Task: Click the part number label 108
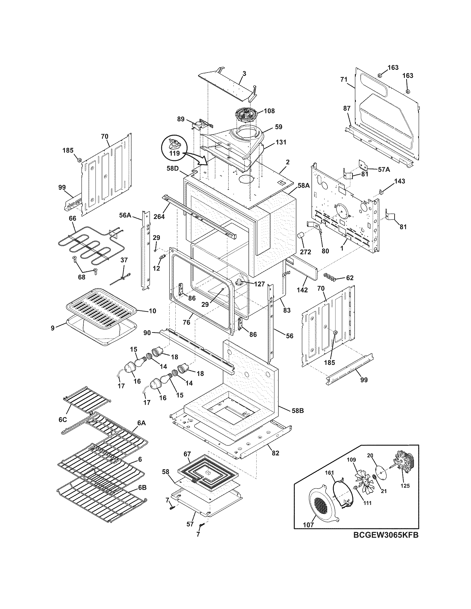[269, 111]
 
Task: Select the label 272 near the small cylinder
[305, 251]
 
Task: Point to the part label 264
[159, 216]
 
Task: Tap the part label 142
[302, 290]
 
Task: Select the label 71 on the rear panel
[344, 79]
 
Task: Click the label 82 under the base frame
[275, 453]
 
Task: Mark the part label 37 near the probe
[124, 260]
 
